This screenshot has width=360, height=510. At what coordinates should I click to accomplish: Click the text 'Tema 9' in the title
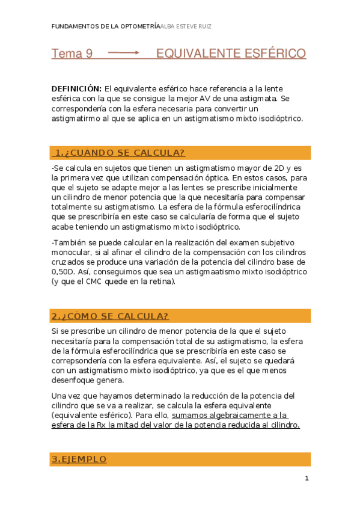(72, 54)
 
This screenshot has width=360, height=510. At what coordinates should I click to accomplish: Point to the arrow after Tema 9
(123, 54)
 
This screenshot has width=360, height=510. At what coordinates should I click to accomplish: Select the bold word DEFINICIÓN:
(76, 88)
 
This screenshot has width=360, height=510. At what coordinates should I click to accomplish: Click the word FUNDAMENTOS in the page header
(73, 26)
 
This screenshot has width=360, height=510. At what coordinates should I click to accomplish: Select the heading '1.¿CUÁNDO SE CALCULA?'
(120, 152)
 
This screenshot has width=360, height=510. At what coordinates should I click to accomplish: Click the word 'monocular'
(72, 253)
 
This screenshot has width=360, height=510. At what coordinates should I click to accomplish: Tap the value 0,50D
(63, 272)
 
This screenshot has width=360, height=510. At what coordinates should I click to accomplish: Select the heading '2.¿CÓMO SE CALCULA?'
(110, 316)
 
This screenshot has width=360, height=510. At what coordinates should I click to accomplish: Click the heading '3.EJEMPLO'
(79, 459)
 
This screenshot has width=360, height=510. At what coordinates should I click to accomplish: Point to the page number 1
(307, 479)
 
